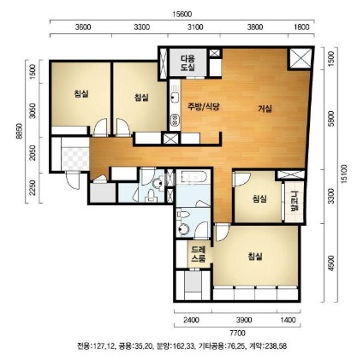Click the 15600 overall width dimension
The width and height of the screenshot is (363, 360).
[182, 14]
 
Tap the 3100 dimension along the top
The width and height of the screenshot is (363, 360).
[195, 27]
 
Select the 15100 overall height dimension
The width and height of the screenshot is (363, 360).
[345, 174]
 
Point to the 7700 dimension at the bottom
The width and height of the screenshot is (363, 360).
[237, 333]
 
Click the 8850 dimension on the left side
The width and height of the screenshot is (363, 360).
[19, 131]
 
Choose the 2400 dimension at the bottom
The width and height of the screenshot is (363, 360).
[191, 320]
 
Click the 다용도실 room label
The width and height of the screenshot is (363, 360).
[187, 63]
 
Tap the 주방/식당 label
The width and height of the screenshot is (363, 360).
[203, 107]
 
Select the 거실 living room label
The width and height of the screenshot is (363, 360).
[265, 109]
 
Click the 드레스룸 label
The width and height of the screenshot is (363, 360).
[199, 255]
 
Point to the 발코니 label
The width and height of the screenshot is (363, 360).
[294, 202]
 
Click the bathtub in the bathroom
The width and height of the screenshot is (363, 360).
[193, 177]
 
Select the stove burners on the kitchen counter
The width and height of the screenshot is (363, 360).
[175, 120]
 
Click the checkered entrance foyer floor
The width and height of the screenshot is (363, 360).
[75, 159]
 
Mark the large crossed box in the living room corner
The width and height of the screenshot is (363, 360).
[301, 58]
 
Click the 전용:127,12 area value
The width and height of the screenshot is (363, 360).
[96, 346]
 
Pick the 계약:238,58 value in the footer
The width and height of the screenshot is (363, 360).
[268, 346]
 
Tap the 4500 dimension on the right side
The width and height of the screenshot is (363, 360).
[330, 263]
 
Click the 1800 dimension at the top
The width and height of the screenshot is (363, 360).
[301, 27]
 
